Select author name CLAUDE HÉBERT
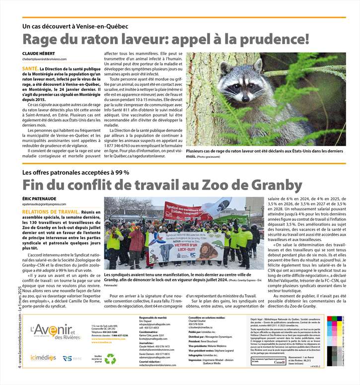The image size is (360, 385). point(38,53)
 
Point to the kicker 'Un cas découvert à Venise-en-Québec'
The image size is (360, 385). point(75,26)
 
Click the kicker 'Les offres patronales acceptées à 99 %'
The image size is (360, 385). point(75,172)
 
